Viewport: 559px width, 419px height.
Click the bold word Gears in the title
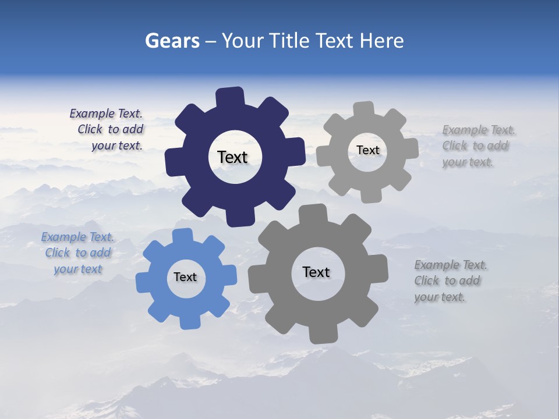point(172,41)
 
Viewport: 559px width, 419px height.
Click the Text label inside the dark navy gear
point(232,157)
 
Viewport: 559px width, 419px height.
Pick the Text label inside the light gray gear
point(367,150)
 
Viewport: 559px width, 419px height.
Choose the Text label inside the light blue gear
point(185,277)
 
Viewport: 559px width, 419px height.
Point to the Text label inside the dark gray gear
point(316,272)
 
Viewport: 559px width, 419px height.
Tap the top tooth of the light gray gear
point(364,109)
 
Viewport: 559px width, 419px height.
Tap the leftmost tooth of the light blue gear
point(143,281)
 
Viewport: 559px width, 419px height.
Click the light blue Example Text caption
point(77,253)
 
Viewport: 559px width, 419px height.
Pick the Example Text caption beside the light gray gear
point(477,146)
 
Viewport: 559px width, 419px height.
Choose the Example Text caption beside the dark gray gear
point(450,281)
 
